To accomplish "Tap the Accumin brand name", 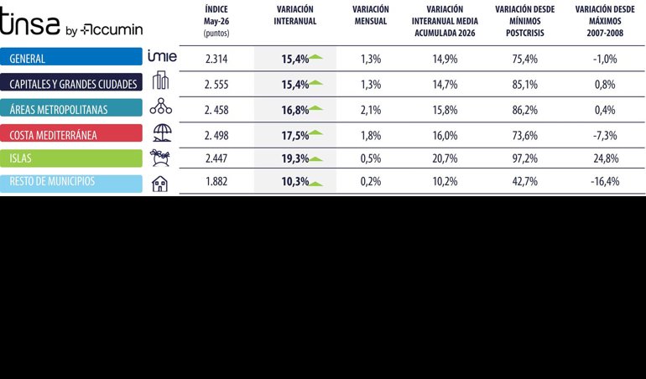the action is (x=112, y=29).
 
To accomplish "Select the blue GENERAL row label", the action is (x=71, y=57).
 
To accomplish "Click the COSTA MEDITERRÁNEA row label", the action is (x=71, y=133).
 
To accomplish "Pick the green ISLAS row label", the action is (x=71, y=158).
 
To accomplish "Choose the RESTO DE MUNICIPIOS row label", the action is (x=71, y=184).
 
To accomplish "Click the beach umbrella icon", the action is (x=162, y=132).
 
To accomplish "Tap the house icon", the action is (x=160, y=184).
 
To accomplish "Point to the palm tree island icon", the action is (x=160, y=158).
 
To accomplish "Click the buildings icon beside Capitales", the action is (x=161, y=80).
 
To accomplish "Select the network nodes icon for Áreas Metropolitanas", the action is (x=161, y=106).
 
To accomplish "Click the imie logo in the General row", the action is (x=162, y=55).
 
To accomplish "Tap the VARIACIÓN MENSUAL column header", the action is (x=370, y=15).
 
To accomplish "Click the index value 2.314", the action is (x=216, y=59).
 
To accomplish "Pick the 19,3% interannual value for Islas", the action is (x=295, y=158).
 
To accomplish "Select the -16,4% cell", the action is (x=605, y=181).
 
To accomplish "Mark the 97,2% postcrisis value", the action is (x=525, y=158).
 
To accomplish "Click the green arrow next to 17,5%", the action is (x=315, y=132).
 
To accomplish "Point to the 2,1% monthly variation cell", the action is (x=370, y=110).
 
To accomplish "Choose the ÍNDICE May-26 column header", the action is (x=216, y=21).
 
